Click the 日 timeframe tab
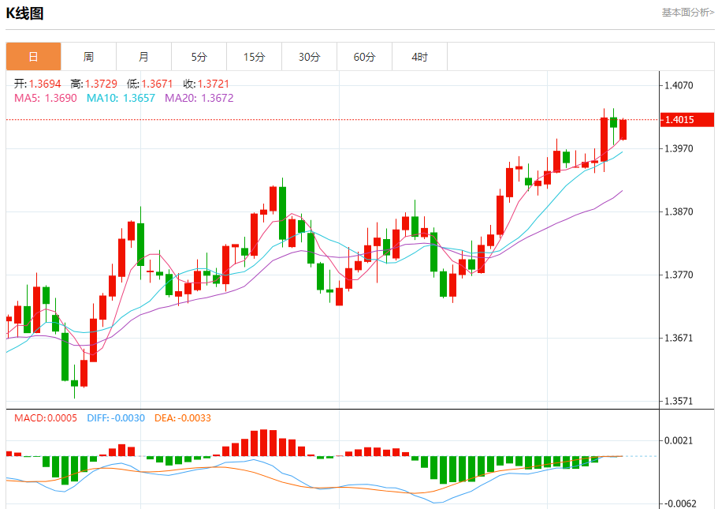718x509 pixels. [x=33, y=57]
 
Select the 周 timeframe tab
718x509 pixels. [x=88, y=57]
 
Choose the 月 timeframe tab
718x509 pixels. [x=143, y=57]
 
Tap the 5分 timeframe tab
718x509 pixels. [x=199, y=57]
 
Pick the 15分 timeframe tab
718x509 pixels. [x=254, y=57]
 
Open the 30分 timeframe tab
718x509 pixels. [x=309, y=57]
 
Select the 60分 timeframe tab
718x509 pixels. [x=364, y=57]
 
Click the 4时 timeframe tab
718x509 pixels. [x=419, y=57]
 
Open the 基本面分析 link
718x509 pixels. [x=687, y=13]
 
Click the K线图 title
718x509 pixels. [x=25, y=13]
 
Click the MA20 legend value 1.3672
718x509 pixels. [x=218, y=98]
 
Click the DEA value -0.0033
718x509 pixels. [x=194, y=417]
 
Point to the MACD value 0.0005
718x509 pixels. [x=61, y=417]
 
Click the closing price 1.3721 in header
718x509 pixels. [x=214, y=84]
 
